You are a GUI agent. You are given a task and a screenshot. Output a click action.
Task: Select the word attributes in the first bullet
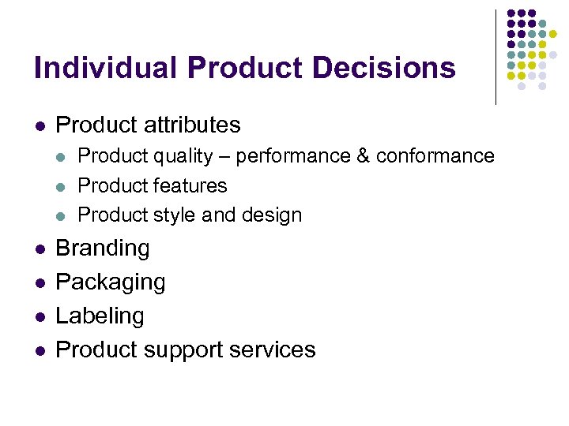point(193,125)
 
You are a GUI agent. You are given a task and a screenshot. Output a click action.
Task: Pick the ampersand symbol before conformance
point(364,156)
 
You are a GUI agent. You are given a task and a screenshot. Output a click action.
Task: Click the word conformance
point(435,156)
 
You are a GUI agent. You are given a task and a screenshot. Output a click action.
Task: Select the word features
point(190,185)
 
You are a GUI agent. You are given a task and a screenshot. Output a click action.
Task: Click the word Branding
point(103,248)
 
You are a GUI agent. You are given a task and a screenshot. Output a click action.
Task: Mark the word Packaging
point(111,282)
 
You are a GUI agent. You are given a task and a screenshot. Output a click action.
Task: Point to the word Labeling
point(100,316)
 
